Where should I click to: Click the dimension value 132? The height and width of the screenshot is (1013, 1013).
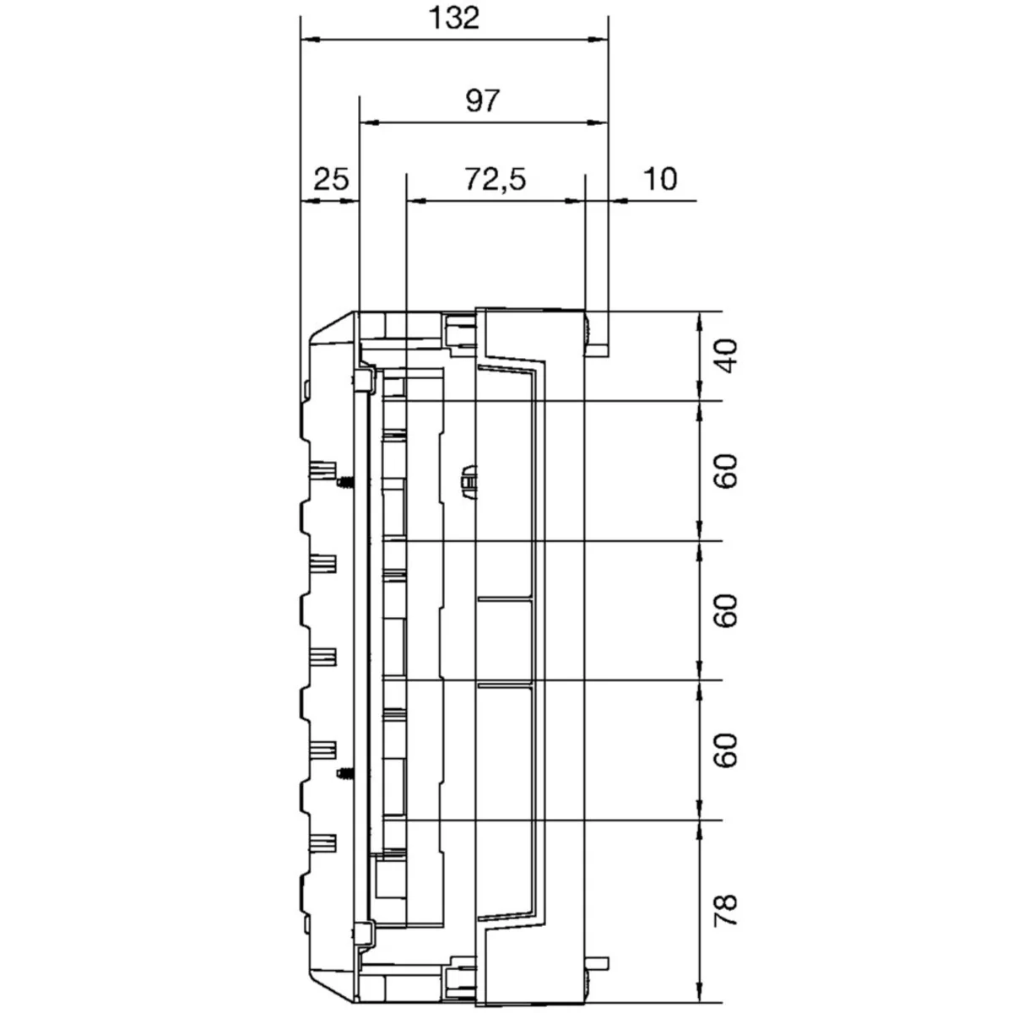click(454, 18)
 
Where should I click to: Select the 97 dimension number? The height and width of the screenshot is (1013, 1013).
click(482, 101)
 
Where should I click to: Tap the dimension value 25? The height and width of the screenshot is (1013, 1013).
click(331, 179)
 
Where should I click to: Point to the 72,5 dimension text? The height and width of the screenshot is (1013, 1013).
click(496, 179)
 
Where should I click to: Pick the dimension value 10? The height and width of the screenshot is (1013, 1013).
click(660, 179)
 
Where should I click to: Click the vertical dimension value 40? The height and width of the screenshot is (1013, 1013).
click(727, 356)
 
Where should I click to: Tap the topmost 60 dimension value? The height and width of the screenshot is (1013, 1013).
click(727, 472)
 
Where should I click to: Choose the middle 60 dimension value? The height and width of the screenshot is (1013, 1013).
click(727, 611)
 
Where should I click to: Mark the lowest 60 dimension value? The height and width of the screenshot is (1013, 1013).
click(727, 751)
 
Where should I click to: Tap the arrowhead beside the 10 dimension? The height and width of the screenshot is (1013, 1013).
click(617, 200)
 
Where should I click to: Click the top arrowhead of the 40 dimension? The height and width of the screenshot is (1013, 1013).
click(699, 321)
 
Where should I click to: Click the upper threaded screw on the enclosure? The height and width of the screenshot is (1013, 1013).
click(344, 481)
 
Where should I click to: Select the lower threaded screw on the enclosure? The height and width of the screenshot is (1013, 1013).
click(344, 773)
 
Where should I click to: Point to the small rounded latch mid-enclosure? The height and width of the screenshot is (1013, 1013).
click(469, 481)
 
